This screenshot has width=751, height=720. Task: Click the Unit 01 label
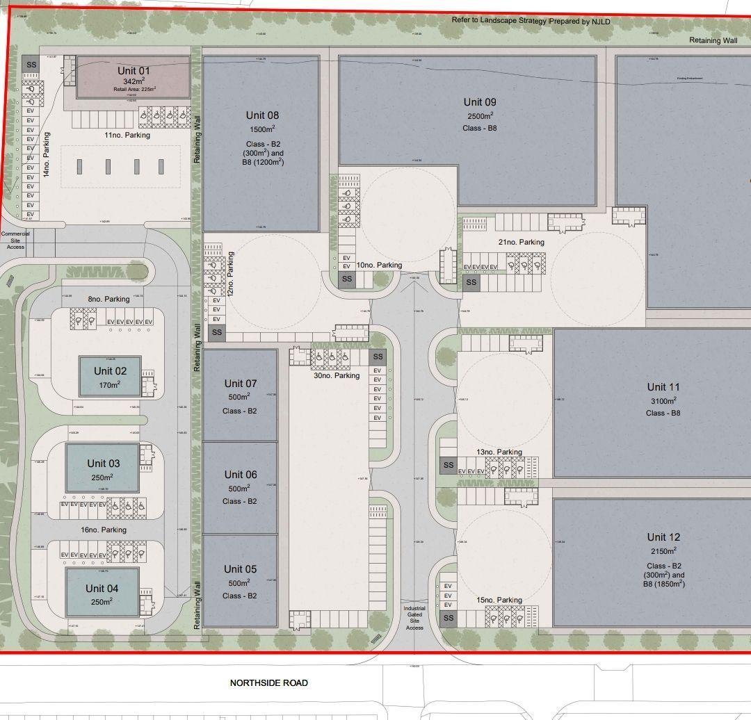coord(134,71)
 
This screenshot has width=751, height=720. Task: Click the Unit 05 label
coord(241,569)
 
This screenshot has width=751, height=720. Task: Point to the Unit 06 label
coord(241,475)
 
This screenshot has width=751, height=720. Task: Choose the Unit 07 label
coord(241,384)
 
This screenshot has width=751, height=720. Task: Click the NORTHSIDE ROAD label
coord(268,683)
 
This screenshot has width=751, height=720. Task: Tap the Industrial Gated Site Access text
coord(414,618)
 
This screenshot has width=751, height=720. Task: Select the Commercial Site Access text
coord(15,240)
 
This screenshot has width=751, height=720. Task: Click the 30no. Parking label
coord(337,376)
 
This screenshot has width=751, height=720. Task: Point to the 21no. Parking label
coord(521,242)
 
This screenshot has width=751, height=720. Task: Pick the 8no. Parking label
coord(108,300)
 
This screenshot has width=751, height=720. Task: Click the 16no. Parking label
coord(104,530)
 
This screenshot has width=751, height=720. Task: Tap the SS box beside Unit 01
coord(31,65)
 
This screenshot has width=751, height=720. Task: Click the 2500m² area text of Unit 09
coord(480,115)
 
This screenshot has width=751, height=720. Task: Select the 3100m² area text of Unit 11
coord(663,401)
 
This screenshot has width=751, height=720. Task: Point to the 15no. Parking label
coord(499,600)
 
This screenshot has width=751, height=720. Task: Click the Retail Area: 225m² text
coord(135,89)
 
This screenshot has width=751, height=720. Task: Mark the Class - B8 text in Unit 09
coord(480,128)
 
